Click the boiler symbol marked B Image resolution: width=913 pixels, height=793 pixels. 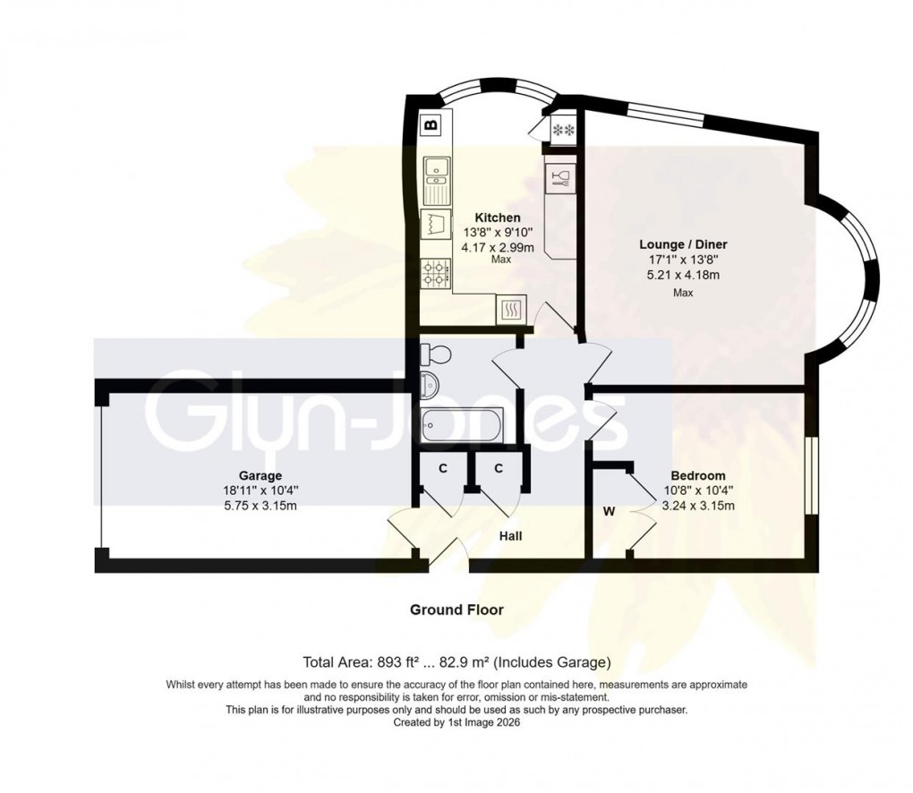(x=431, y=125)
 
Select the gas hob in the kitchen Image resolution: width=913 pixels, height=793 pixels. (x=436, y=271)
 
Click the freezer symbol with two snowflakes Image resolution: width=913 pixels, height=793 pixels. (x=565, y=131)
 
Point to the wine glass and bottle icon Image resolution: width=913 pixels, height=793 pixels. (x=560, y=177)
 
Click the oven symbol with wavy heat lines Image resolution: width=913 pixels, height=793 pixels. (x=512, y=310)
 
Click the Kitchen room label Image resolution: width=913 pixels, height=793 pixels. (x=497, y=217)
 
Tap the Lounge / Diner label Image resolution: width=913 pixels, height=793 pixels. (x=683, y=243)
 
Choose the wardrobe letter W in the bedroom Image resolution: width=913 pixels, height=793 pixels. (x=609, y=512)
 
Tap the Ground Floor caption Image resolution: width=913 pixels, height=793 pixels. (x=456, y=610)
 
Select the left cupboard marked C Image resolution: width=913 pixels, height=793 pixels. (x=442, y=468)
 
